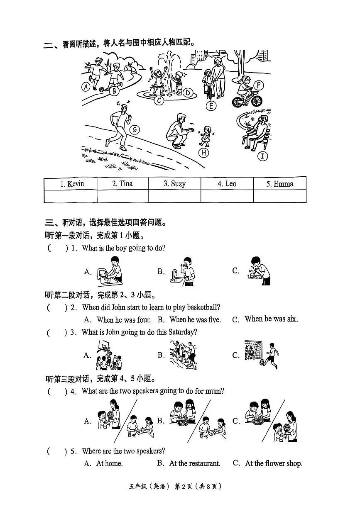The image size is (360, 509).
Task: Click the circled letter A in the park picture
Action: pyautogui.click(x=86, y=87)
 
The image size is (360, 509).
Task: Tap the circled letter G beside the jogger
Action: pyautogui.click(x=134, y=130)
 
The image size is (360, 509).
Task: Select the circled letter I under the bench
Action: pyautogui.click(x=262, y=156)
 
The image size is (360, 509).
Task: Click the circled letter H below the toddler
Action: pyautogui.click(x=203, y=153)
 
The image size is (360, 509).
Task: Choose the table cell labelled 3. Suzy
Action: pyautogui.click(x=174, y=184)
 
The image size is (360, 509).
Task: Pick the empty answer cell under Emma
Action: pyautogui.click(x=279, y=196)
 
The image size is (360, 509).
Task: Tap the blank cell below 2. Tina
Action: pyautogui.click(x=122, y=196)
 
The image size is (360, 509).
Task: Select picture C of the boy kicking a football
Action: pyautogui.click(x=262, y=355)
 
